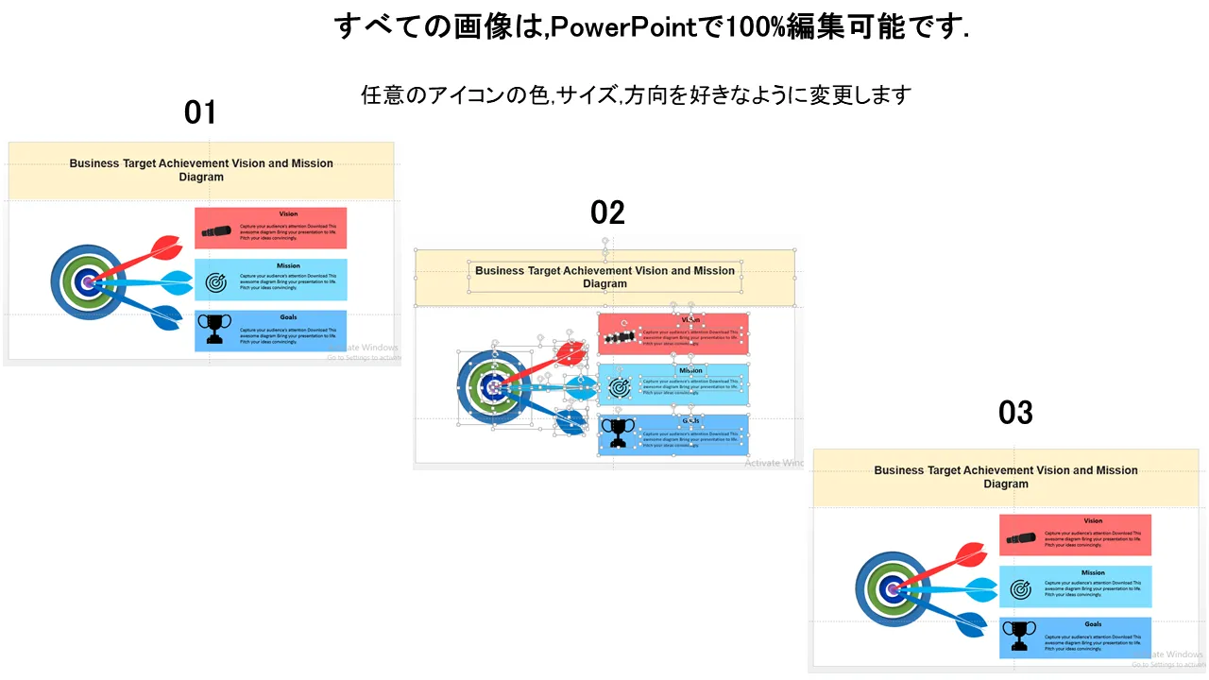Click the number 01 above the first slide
(200, 112)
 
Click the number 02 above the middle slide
(607, 212)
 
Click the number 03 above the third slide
(1015, 412)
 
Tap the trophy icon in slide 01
(214, 329)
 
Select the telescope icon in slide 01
(216, 231)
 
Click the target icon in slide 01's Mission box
(215, 281)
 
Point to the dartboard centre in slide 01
(88, 281)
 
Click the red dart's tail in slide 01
(166, 247)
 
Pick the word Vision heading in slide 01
(288, 214)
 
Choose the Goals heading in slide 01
(288, 317)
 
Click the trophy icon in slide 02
(619, 433)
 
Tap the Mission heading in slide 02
(690, 370)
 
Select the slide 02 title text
(604, 277)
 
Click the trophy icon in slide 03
(1019, 636)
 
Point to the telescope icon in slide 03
(1021, 538)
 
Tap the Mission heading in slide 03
(1093, 572)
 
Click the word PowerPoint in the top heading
(622, 26)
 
